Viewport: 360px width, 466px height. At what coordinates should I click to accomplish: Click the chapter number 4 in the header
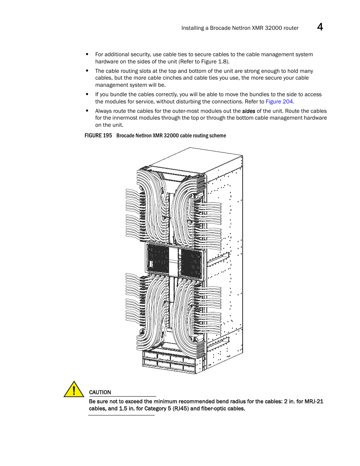click(x=320, y=27)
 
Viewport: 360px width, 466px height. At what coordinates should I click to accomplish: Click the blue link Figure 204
click(x=279, y=102)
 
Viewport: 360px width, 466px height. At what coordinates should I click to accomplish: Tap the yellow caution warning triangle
click(x=74, y=389)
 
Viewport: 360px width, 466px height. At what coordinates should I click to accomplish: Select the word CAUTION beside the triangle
click(x=100, y=392)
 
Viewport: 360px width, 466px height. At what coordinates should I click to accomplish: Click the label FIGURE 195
click(x=98, y=135)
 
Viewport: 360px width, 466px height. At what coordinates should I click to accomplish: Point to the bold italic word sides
click(x=249, y=111)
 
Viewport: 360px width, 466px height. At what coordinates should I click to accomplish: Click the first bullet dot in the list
click(x=87, y=54)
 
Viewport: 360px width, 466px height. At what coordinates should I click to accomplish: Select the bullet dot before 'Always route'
click(x=87, y=111)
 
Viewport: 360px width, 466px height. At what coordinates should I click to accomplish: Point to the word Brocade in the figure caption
click(x=125, y=135)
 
